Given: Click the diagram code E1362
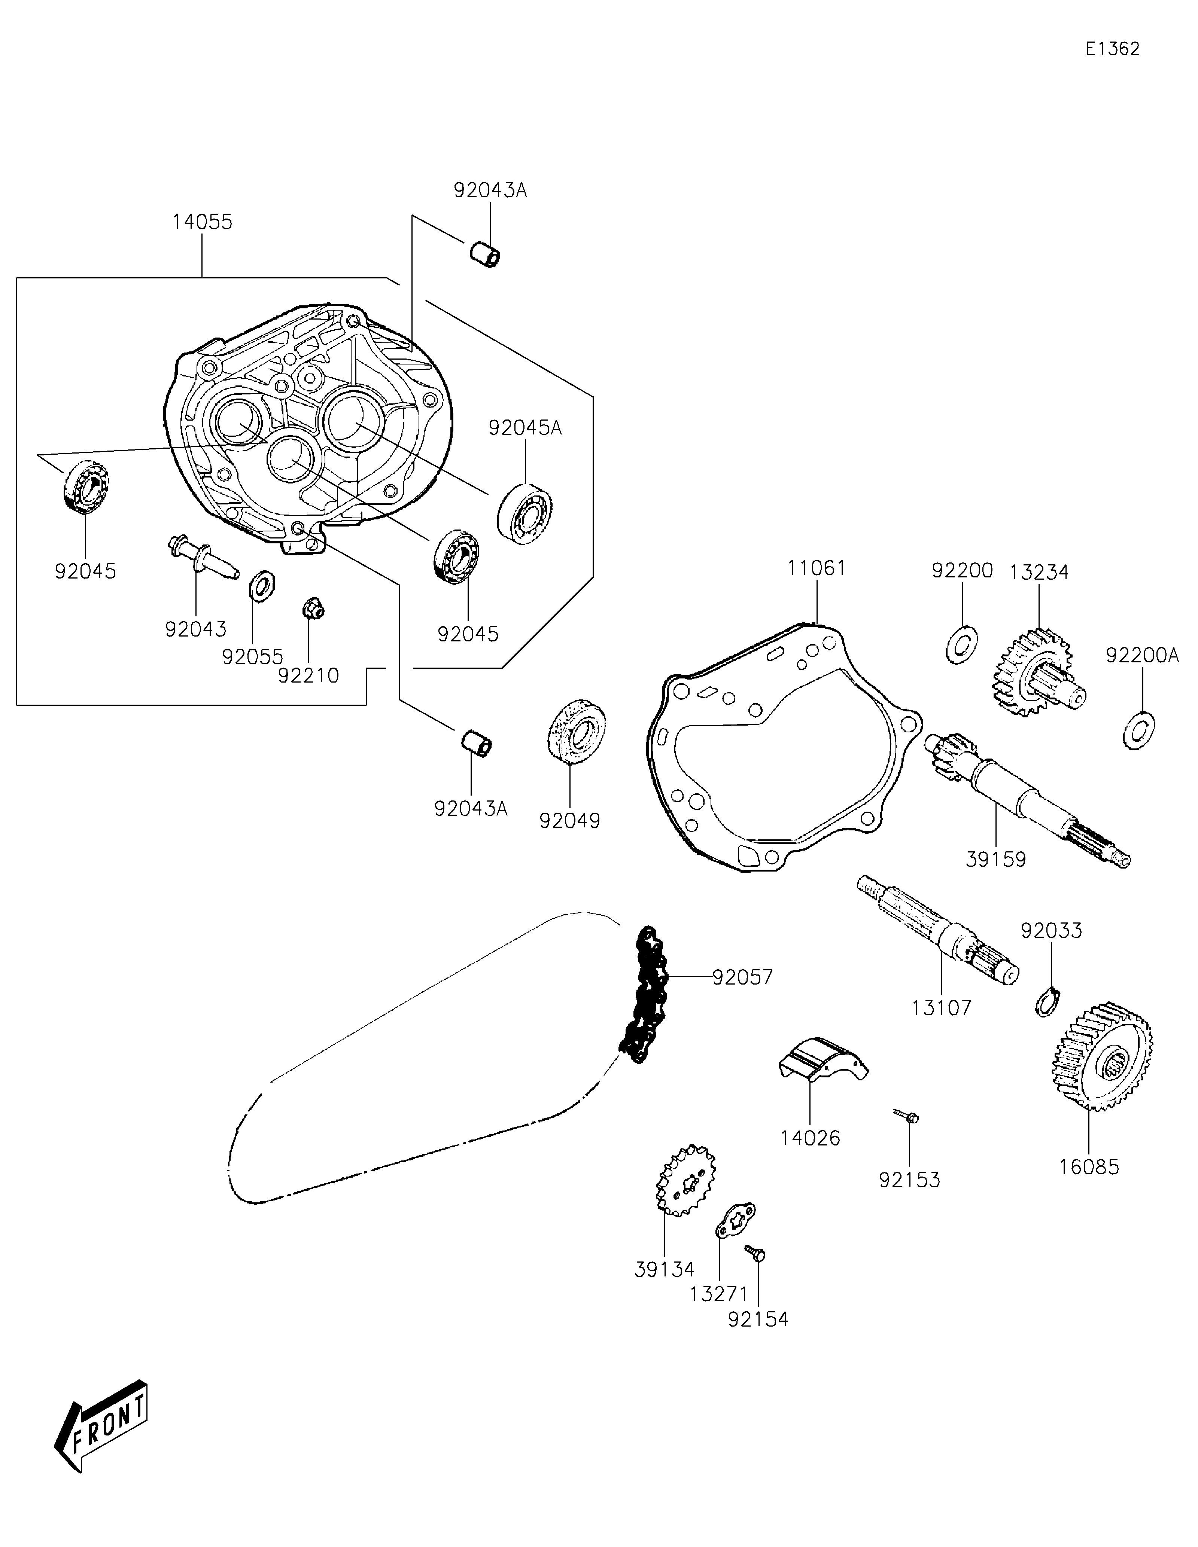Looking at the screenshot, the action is pos(1112,49).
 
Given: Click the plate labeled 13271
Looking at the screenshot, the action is pos(735,1220).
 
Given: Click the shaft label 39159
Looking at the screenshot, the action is pos(996,859).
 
